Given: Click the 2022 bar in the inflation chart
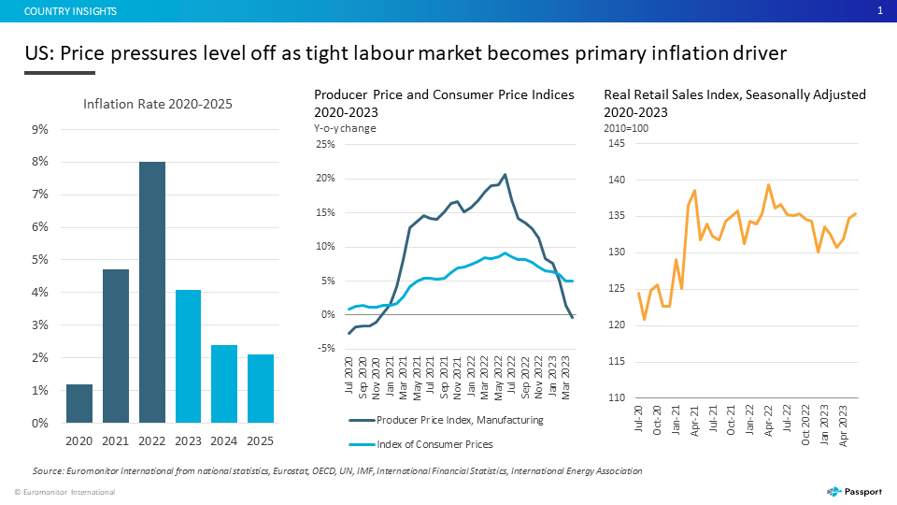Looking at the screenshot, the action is [x=152, y=292].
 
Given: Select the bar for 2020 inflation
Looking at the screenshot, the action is [x=78, y=404].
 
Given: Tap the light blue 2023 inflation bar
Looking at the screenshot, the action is [x=188, y=356].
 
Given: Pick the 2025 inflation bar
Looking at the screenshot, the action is [x=261, y=389].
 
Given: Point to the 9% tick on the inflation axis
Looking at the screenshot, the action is [x=40, y=129].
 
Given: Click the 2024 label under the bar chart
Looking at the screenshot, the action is [x=223, y=440].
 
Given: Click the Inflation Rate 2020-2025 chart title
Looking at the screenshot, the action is [x=158, y=104].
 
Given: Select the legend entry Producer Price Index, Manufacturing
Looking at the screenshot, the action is [x=447, y=420].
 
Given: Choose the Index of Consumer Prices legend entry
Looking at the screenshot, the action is [x=421, y=444].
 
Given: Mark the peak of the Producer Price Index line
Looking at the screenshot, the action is [x=505, y=175].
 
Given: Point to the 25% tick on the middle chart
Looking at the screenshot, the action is [x=325, y=144].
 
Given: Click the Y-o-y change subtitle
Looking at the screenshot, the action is [x=345, y=128].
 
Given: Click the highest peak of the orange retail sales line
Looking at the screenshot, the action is [x=768, y=185].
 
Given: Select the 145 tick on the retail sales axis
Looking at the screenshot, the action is [x=617, y=143].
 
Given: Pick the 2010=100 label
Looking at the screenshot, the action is [x=626, y=128].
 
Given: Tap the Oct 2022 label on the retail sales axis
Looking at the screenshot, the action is [x=805, y=425].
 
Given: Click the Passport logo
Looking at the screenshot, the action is [x=854, y=492].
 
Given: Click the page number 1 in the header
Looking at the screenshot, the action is [x=880, y=11].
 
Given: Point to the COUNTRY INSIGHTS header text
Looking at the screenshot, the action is [x=70, y=11].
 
